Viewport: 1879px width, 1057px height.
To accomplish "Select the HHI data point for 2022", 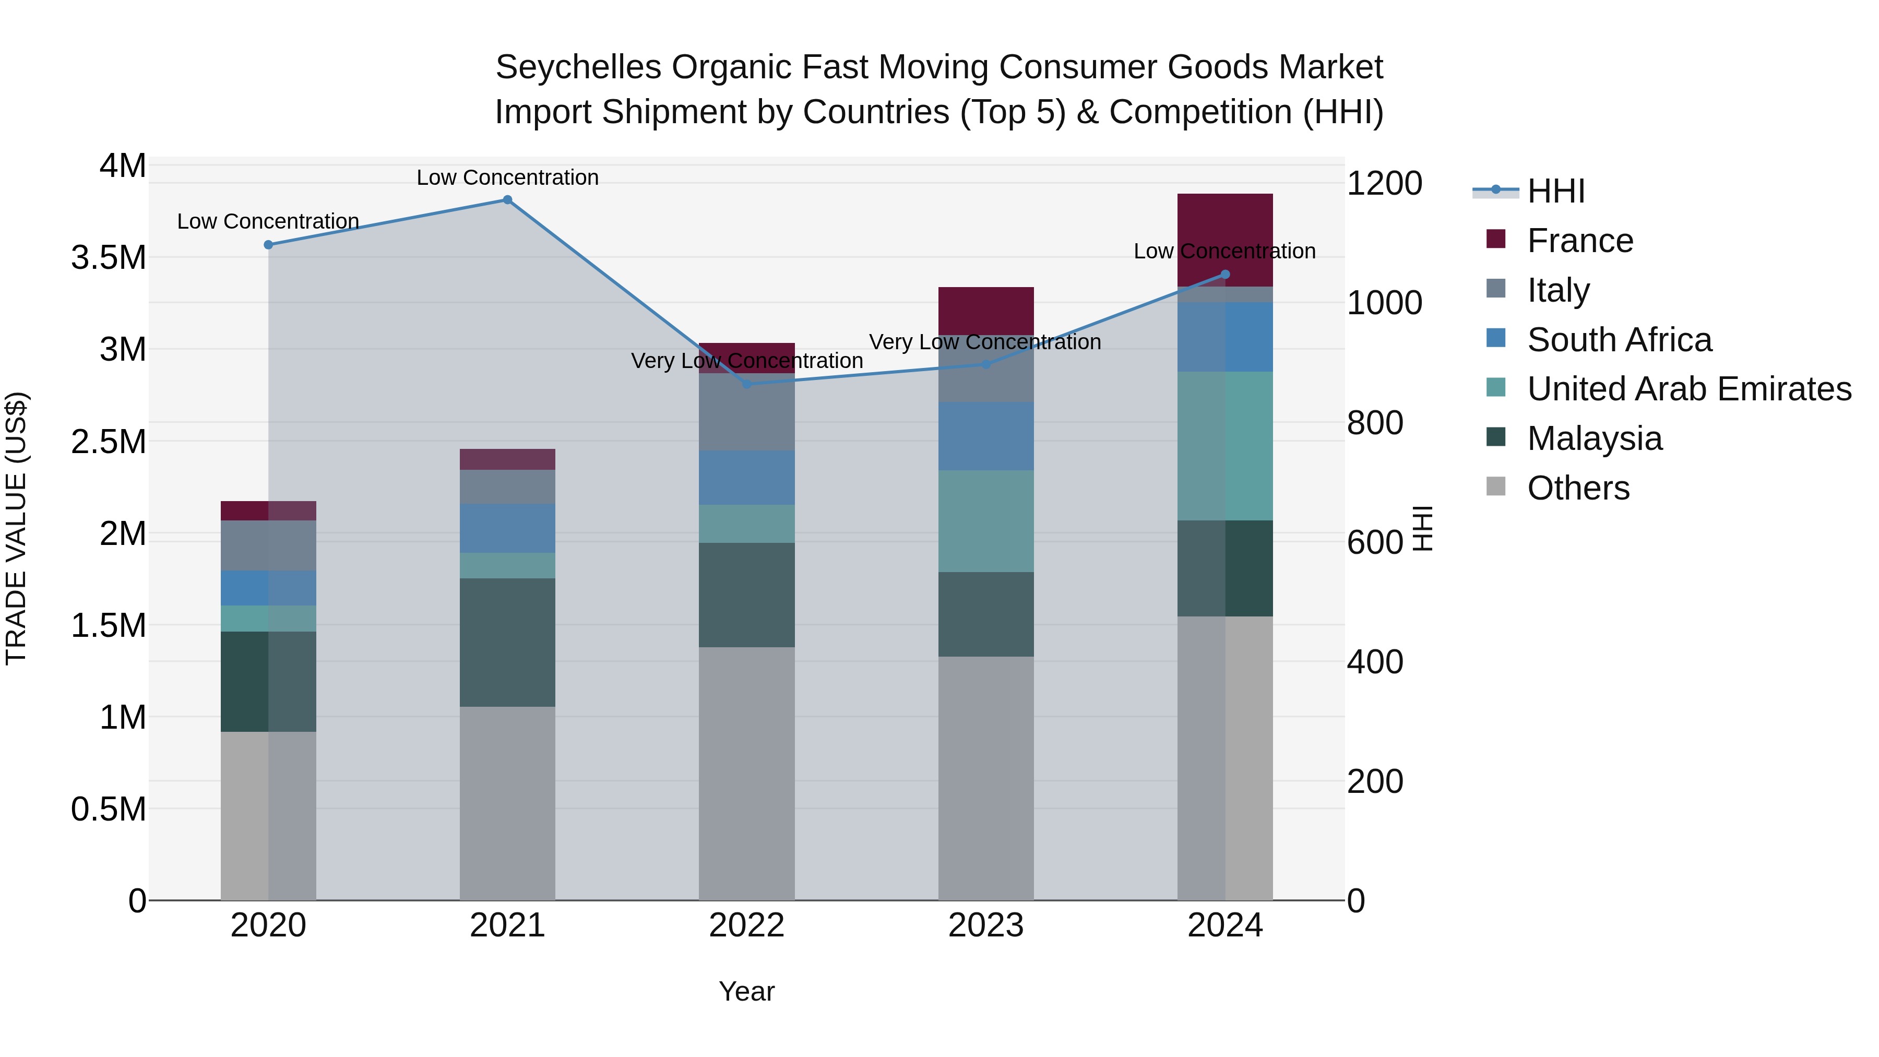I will click(x=746, y=384).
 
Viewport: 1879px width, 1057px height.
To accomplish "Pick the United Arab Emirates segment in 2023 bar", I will click(x=985, y=521).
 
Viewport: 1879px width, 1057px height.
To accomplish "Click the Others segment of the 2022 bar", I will click(x=746, y=773).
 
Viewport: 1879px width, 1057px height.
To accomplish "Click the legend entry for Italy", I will click(x=1558, y=290).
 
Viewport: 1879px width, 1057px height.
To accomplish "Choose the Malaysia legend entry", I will click(x=1594, y=439).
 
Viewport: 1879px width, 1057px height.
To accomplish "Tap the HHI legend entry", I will click(x=1555, y=191).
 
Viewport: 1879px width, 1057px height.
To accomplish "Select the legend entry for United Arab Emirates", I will click(x=1688, y=389).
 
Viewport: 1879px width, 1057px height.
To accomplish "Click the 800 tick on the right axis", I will click(x=1374, y=423).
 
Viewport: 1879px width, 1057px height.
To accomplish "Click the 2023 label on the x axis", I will click(x=985, y=925).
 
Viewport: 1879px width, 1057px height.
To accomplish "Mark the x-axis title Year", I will click(x=746, y=991).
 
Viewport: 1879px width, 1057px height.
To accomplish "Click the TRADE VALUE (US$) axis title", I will click(x=17, y=528).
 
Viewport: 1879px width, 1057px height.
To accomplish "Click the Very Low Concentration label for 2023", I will click(x=985, y=341).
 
